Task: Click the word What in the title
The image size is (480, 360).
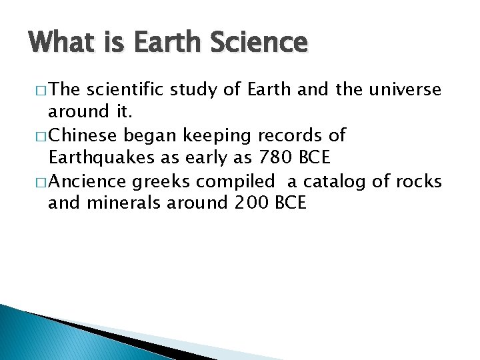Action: point(55,43)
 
